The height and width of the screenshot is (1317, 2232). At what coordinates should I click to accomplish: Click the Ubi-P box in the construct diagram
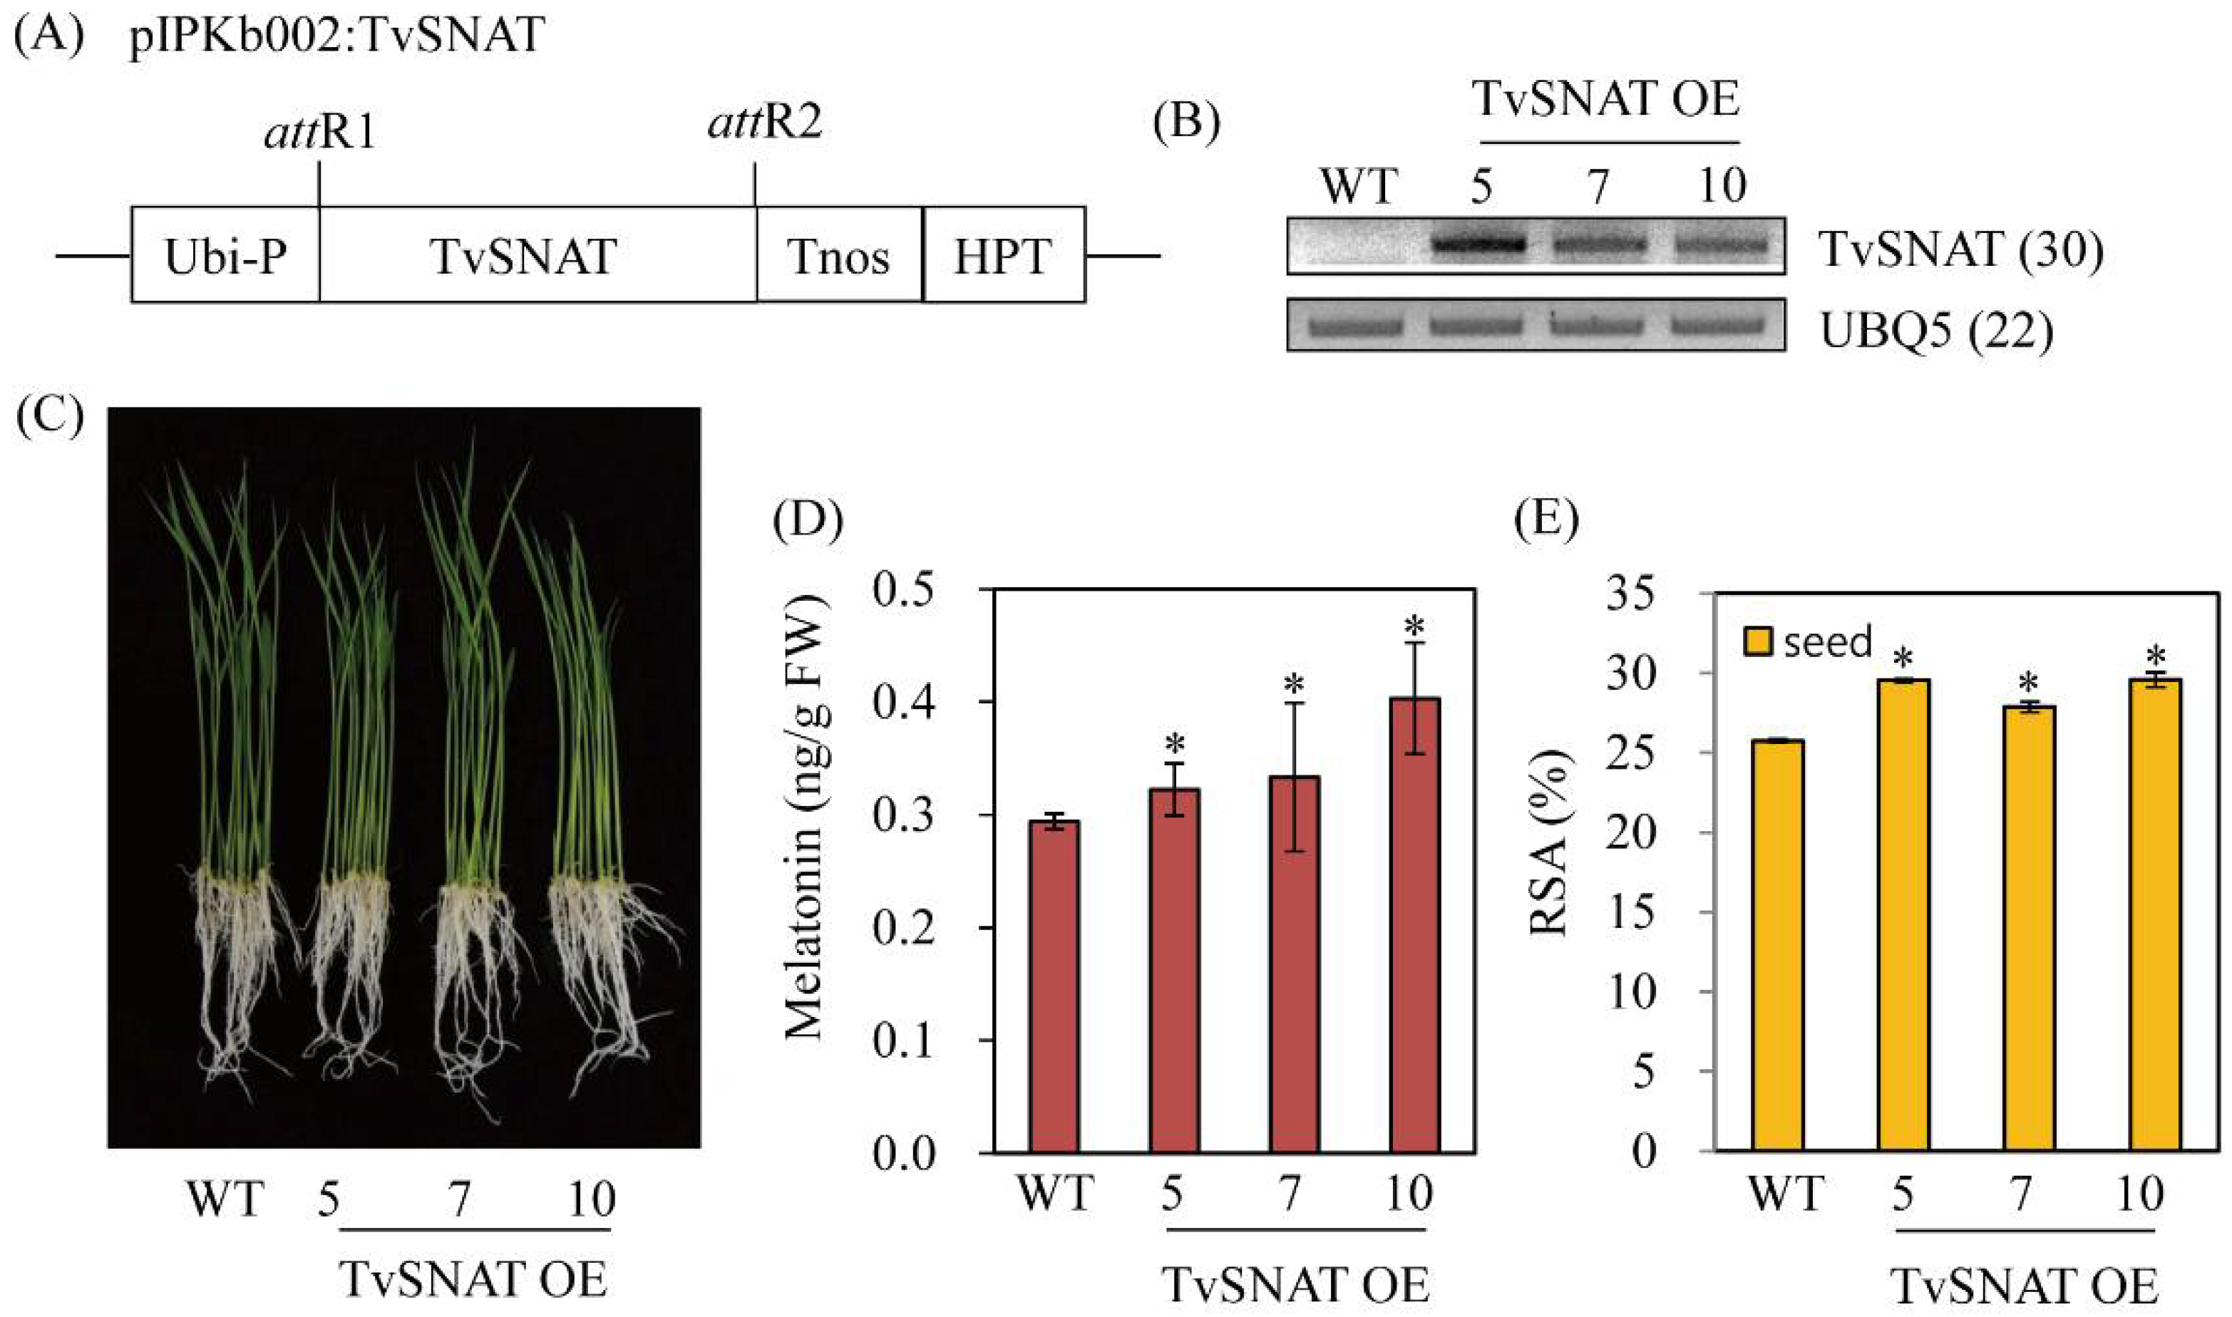pos(225,256)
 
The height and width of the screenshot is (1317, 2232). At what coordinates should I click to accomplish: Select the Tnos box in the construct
pos(838,256)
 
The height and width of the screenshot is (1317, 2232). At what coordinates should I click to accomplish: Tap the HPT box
pos(1003,256)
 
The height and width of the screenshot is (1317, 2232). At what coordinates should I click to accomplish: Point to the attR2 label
pos(765,123)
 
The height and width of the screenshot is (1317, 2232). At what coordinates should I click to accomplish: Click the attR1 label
pos(320,133)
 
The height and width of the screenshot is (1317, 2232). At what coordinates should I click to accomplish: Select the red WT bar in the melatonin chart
pos(1054,985)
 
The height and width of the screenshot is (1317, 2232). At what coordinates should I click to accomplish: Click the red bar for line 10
pos(1414,923)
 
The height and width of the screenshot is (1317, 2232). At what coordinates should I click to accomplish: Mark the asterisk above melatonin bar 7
pos(1294,684)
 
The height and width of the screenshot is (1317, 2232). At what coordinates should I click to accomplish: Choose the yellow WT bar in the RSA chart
pos(1778,945)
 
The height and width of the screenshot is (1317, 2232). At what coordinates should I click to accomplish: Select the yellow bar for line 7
pos(2030,927)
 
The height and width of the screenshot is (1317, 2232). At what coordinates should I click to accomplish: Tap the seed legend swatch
pos(1758,641)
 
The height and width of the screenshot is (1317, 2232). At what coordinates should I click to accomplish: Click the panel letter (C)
pos(50,413)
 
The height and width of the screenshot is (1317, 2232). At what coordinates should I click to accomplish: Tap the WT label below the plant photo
pos(225,1200)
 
